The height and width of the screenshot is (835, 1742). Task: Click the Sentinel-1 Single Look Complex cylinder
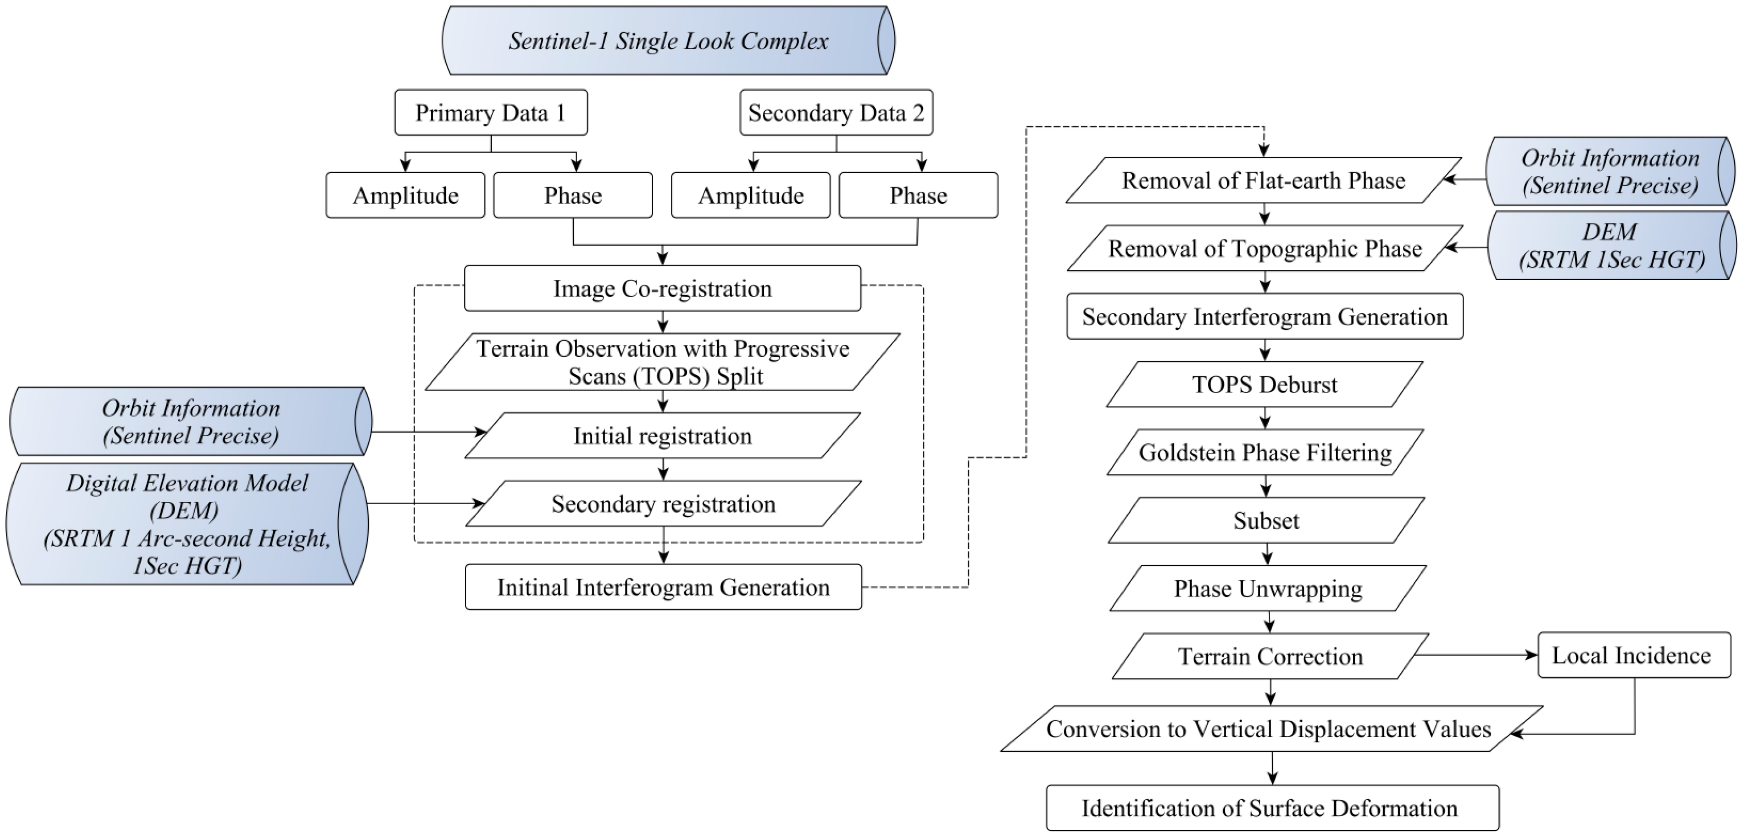(667, 41)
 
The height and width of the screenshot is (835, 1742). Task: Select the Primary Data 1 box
(490, 112)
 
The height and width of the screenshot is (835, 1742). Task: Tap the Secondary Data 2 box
(836, 112)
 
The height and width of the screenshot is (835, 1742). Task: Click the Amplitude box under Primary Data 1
(405, 196)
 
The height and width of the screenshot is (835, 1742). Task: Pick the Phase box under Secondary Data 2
(918, 196)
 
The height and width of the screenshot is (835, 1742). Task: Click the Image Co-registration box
(662, 289)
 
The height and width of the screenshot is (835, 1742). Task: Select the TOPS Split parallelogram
(662, 362)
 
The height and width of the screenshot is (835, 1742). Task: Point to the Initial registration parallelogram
(662, 436)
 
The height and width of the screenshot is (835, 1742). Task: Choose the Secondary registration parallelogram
(663, 504)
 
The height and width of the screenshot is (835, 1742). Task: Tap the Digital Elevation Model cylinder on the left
(187, 524)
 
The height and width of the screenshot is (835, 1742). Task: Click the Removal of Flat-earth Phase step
(1263, 181)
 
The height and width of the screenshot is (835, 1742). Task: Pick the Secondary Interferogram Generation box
(1264, 317)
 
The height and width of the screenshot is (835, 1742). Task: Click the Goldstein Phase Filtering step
(1264, 453)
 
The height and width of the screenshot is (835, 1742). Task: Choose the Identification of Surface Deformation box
(1272, 808)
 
